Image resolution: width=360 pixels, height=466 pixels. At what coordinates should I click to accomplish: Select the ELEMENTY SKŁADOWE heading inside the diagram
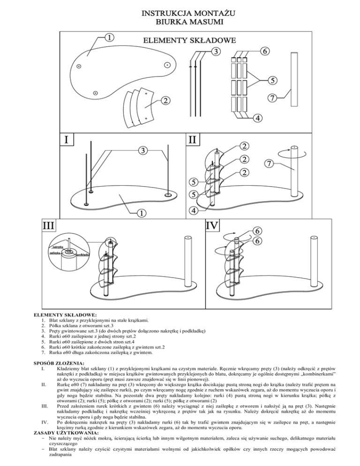[x=189, y=40]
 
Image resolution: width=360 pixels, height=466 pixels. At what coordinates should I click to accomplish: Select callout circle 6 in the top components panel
[x=265, y=51]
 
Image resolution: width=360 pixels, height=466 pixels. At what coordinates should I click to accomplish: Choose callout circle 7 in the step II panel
[x=269, y=164]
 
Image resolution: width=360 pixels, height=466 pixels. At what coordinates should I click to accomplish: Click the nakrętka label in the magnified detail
[x=58, y=246]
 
